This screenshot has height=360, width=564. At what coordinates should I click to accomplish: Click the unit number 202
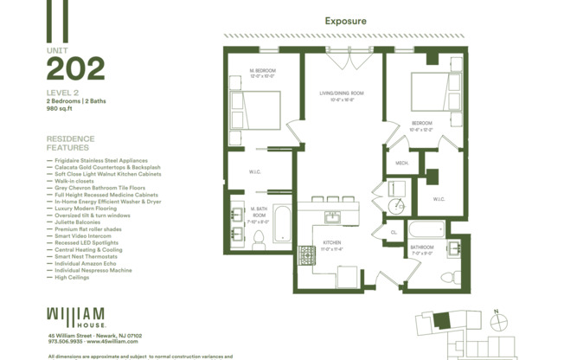pos(76,69)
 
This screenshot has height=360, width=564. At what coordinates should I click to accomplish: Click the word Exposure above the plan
pos(345,21)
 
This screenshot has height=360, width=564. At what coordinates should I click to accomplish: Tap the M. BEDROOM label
pos(262,73)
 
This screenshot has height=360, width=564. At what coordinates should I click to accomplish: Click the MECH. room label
pos(402,163)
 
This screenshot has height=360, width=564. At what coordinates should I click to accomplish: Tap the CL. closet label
pos(393,232)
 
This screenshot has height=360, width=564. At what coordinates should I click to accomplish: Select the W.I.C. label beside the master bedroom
pos(255,170)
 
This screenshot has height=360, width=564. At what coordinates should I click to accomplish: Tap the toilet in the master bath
pos(259,241)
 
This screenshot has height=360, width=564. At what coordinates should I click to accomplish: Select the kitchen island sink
pos(332,215)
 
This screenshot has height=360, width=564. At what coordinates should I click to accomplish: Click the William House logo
pos(76,316)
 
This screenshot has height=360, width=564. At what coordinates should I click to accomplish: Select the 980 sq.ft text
pos(60,108)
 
